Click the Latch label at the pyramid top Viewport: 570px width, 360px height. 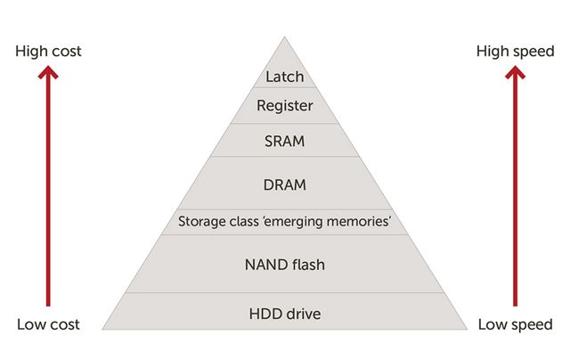tap(285, 77)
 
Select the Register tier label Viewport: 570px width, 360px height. tap(285, 106)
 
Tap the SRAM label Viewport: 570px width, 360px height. tap(285, 141)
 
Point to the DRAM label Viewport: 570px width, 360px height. tap(285, 185)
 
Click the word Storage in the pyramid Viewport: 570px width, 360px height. tap(201, 221)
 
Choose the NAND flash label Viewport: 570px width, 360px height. tap(285, 264)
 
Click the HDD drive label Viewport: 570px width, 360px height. tap(285, 314)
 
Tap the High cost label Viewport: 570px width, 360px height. tap(48, 51)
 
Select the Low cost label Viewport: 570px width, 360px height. tap(48, 324)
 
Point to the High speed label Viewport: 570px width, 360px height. tap(515, 51)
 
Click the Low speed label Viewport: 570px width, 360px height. tap(515, 324)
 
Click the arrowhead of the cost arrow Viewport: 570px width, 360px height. tap(48, 74)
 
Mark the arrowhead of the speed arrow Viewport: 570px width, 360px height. tap(515, 74)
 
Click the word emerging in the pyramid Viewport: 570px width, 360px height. tap(297, 221)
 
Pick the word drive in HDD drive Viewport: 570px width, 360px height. tap(303, 314)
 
